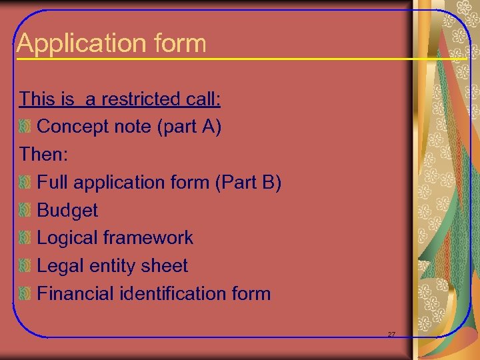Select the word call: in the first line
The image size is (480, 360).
201,99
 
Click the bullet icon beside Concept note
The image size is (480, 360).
25,127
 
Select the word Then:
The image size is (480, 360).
44,155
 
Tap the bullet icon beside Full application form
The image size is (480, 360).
25,182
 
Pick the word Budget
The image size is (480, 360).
67,210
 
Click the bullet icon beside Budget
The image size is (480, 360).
25,210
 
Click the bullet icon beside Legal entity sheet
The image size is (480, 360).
25,266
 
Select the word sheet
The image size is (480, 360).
166,265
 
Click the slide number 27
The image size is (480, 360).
391,334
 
